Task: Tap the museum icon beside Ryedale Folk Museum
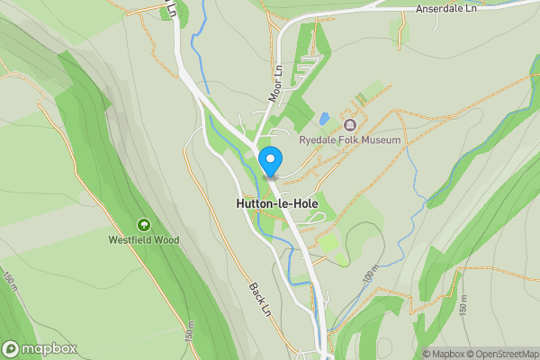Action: point(350,124)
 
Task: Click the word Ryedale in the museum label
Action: point(318,140)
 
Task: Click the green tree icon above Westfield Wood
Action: point(143,224)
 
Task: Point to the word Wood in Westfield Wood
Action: point(166,240)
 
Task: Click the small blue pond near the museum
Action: point(324,118)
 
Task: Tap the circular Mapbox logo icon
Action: point(11,349)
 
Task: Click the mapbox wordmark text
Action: point(49,349)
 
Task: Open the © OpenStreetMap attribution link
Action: point(502,354)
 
